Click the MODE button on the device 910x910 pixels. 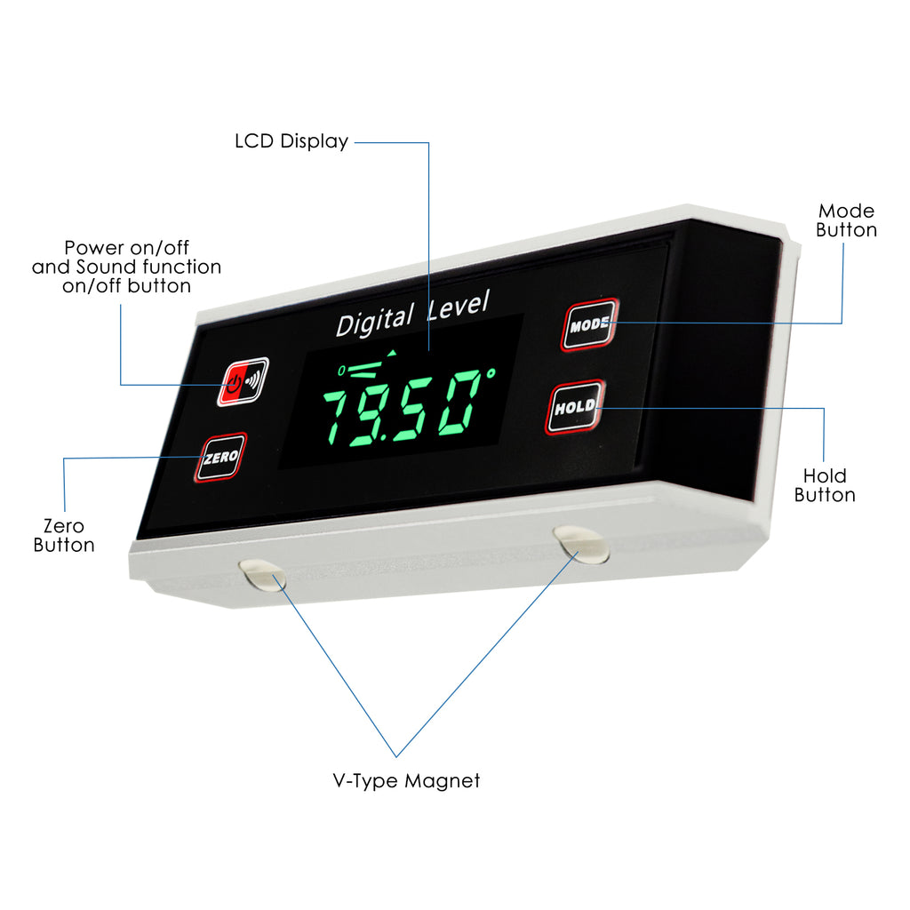(x=590, y=324)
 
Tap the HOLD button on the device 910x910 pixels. (x=575, y=407)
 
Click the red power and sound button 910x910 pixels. (x=243, y=382)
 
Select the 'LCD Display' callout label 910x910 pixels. (x=291, y=141)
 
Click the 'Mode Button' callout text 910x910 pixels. (x=846, y=220)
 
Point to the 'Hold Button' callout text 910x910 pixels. (x=825, y=485)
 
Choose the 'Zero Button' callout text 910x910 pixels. (x=64, y=535)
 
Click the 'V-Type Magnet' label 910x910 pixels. (x=406, y=781)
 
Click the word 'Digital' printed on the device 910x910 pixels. (x=375, y=320)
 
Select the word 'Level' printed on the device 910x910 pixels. (x=459, y=304)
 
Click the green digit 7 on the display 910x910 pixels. (x=340, y=414)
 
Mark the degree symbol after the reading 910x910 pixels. (x=491, y=373)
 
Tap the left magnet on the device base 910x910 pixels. (x=262, y=575)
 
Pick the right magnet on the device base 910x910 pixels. (x=581, y=544)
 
